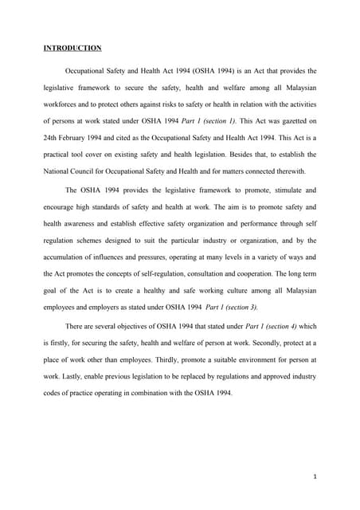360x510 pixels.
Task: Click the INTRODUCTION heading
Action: (72, 48)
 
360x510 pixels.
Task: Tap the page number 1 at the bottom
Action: (316, 477)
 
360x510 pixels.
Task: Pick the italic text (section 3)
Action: (236, 307)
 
